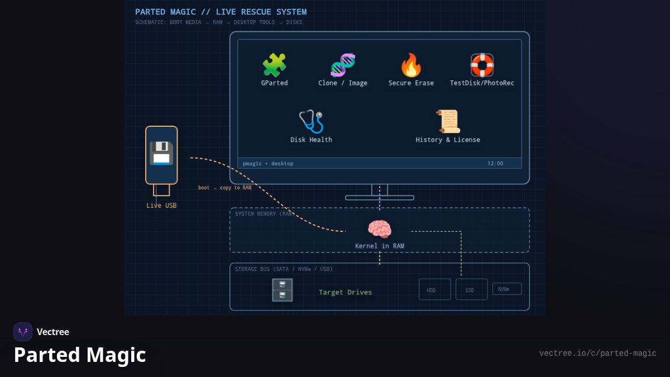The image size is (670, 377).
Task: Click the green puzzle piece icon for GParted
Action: click(x=274, y=65)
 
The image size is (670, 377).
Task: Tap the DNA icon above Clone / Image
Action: click(x=343, y=65)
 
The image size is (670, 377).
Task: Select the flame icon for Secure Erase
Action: click(x=411, y=65)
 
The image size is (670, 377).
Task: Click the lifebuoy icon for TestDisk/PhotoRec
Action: click(x=482, y=65)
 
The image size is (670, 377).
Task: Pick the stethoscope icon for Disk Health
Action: click(x=311, y=122)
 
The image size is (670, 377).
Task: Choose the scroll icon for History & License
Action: click(x=448, y=122)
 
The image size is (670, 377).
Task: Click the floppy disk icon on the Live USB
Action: click(x=161, y=153)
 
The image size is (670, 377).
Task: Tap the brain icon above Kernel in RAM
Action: click(x=380, y=229)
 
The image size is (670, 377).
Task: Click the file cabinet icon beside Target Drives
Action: click(x=283, y=290)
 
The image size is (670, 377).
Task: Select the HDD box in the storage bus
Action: click(x=434, y=289)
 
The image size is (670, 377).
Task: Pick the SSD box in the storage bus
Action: click(x=471, y=289)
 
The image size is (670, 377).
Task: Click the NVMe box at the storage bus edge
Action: click(x=507, y=289)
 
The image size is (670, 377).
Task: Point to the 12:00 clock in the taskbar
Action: click(x=495, y=163)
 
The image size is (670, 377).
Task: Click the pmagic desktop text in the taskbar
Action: click(x=268, y=163)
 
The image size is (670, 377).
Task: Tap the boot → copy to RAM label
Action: click(x=224, y=188)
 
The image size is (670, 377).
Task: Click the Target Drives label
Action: click(x=345, y=292)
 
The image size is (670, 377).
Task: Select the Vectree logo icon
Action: click(x=23, y=332)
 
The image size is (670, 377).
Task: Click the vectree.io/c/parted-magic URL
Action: click(x=597, y=354)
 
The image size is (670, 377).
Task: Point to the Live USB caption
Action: click(x=161, y=206)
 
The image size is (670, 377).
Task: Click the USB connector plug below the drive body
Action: click(x=161, y=190)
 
